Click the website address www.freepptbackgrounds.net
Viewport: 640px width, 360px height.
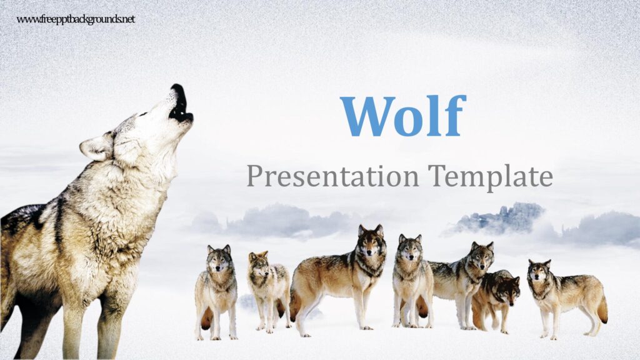coord(76,19)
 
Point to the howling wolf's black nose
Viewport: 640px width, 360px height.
coord(177,89)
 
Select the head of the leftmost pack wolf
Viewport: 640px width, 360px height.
coord(219,258)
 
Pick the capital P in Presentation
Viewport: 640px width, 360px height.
coord(254,176)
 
